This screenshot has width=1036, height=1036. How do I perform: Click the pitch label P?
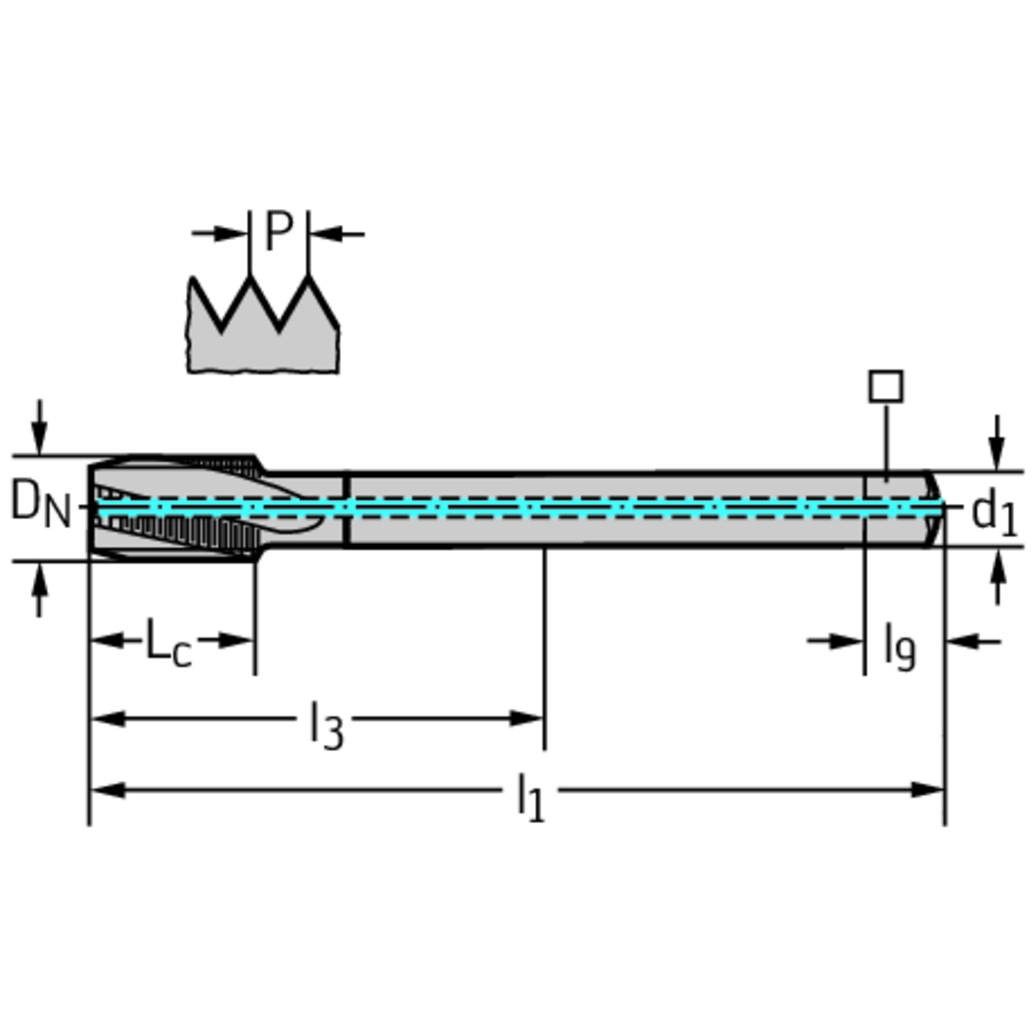coord(278,230)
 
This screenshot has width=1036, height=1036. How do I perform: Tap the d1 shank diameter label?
coord(994,513)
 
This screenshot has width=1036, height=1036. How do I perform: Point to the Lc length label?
coord(167,642)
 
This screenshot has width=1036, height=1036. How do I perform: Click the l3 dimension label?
coord(327,725)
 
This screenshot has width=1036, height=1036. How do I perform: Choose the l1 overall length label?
coord(531,798)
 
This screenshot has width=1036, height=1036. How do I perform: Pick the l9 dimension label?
coord(900,648)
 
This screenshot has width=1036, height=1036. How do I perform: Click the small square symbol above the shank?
coord(886,387)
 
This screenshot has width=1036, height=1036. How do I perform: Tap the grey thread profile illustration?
coord(264,325)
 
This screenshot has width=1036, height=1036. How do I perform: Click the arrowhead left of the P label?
coord(231,233)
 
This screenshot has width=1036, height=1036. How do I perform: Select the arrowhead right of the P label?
coord(325,233)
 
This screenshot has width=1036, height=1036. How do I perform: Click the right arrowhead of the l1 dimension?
coord(927,790)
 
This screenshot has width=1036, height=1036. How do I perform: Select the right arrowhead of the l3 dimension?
coord(527,718)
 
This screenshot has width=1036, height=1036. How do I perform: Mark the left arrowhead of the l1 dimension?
coord(108,790)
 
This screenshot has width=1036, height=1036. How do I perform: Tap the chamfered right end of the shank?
coord(933,509)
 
